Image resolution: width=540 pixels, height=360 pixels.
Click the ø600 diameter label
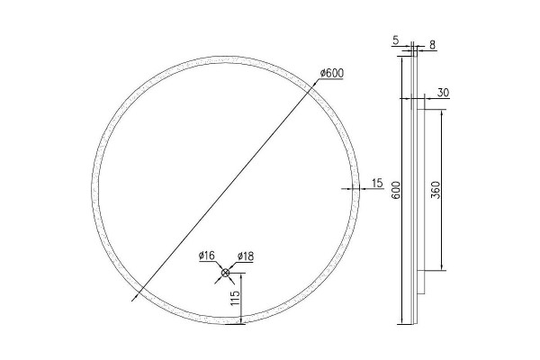tap(332, 73)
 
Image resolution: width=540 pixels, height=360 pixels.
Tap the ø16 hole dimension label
tap(207, 256)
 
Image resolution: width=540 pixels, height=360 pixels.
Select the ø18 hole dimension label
tap(246, 256)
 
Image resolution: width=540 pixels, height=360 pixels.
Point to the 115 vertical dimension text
tap(235, 298)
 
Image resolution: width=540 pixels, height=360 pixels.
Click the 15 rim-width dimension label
tap(378, 183)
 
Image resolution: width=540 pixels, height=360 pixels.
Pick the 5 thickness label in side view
tap(395, 40)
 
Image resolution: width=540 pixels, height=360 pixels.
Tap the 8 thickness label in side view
tap(433, 45)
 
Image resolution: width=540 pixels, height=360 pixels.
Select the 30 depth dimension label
tap(443, 93)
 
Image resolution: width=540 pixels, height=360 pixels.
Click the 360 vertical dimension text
tap(436, 190)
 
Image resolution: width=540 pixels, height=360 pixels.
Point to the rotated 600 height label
tap(396, 190)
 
